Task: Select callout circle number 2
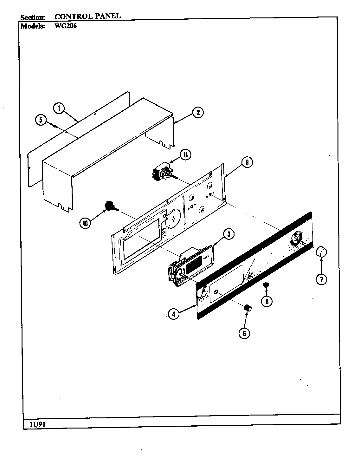tap(198, 113)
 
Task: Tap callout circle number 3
tap(229, 234)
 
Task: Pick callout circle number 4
tap(172, 314)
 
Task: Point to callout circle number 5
tap(41, 120)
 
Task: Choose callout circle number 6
tap(244, 333)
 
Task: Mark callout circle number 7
tap(321, 279)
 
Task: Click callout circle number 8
tap(267, 301)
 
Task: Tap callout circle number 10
tap(85, 223)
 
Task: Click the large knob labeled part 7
tap(321, 252)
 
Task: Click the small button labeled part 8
tap(266, 285)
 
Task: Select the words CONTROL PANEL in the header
tap(87, 16)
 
